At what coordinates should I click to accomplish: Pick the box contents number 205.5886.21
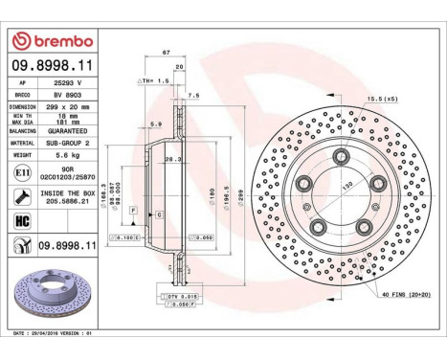pyautogui.click(x=74, y=201)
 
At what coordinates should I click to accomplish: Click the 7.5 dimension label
pyautogui.click(x=194, y=96)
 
